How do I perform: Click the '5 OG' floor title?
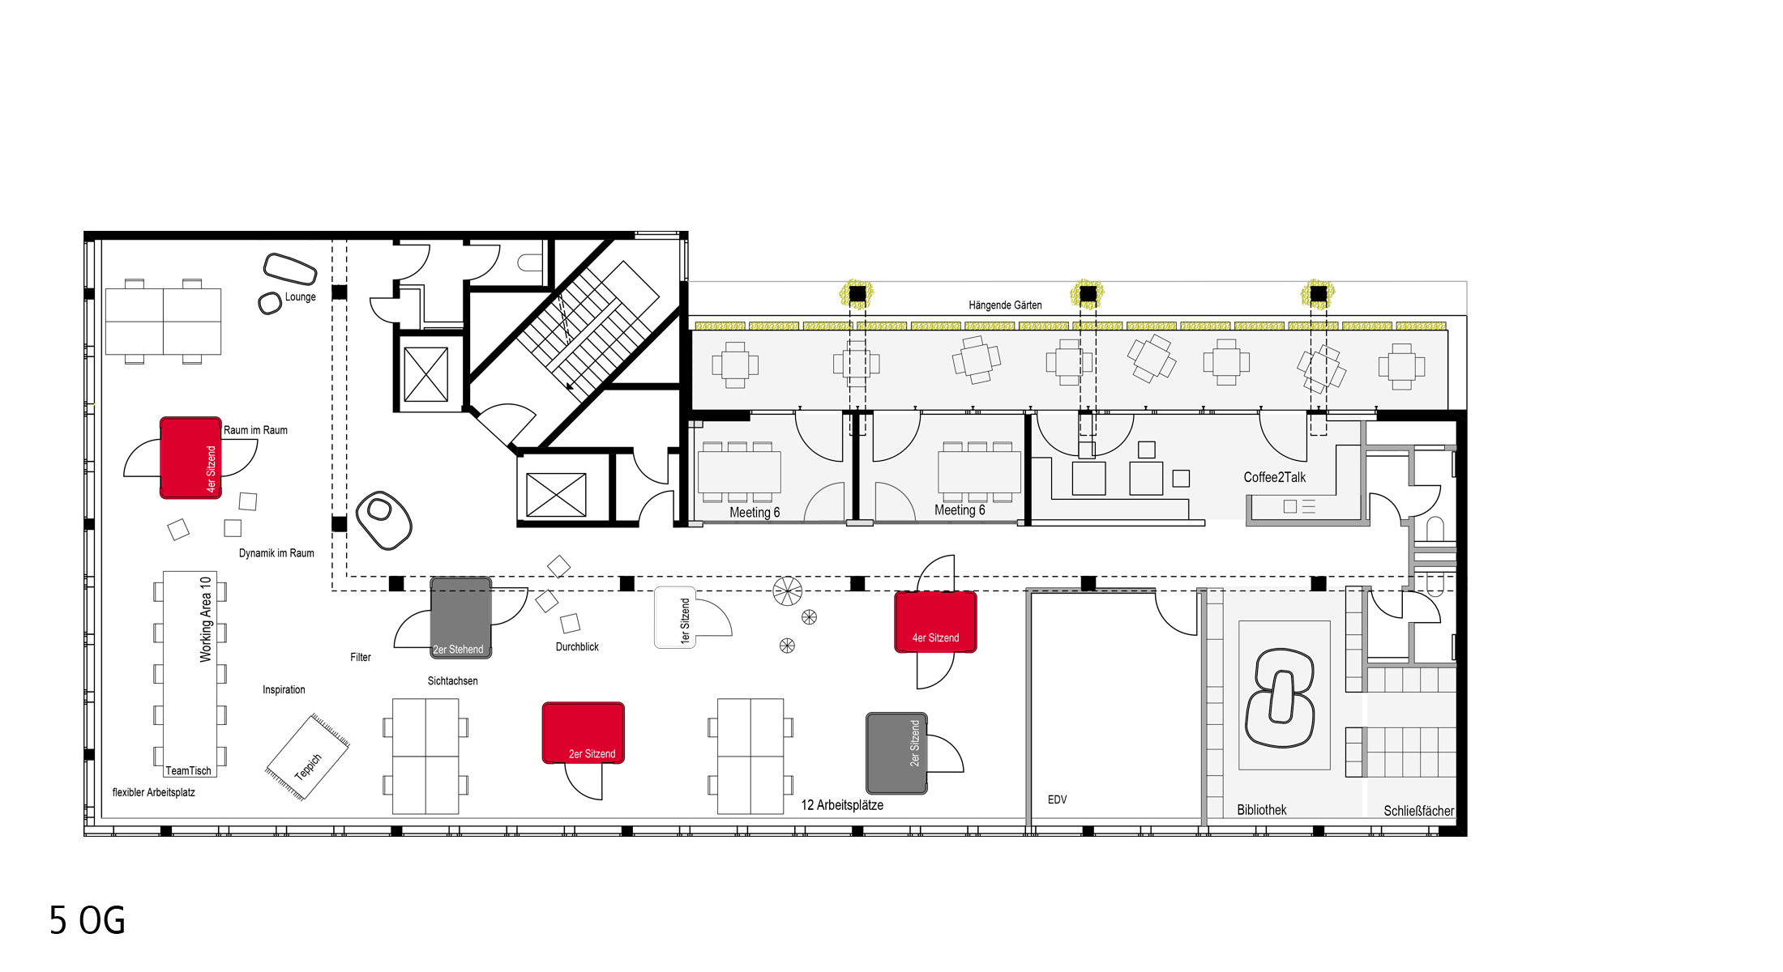click(88, 920)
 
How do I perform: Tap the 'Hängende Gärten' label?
click(1005, 305)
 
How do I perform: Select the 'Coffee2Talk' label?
click(1274, 477)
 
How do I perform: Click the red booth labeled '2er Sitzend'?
click(584, 733)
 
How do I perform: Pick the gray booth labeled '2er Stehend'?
click(460, 617)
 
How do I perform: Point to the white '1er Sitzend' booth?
click(675, 617)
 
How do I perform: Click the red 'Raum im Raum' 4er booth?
click(190, 458)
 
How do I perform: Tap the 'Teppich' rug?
click(308, 757)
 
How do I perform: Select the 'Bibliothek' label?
click(1262, 810)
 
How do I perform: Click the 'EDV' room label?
click(1057, 799)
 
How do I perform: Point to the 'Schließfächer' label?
click(1418, 811)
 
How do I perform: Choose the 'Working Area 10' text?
click(206, 619)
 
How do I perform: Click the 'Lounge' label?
click(300, 297)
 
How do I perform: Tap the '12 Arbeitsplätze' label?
click(842, 805)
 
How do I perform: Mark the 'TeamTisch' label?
click(188, 770)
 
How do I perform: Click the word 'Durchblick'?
click(577, 646)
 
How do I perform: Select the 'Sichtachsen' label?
click(452, 681)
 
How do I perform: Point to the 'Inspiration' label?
click(284, 690)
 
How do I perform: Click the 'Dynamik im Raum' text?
click(276, 553)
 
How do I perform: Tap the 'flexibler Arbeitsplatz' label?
click(154, 792)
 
